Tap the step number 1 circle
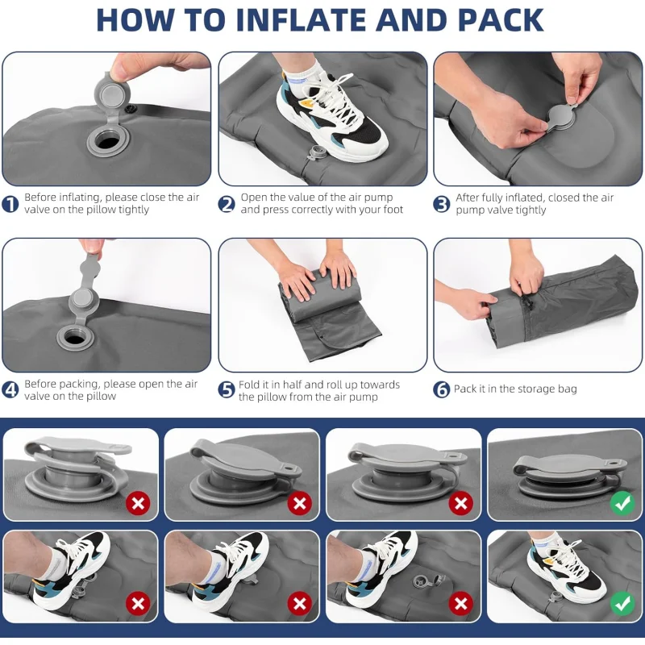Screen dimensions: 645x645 click(x=10, y=205)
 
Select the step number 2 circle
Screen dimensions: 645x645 click(x=227, y=204)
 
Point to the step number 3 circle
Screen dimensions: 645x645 click(x=442, y=205)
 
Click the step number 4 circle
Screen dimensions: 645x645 click(x=10, y=390)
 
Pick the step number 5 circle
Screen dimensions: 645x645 click(x=227, y=390)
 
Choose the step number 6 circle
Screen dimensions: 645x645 click(x=442, y=389)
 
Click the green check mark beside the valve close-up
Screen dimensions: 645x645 click(x=622, y=502)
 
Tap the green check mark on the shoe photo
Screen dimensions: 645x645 click(x=622, y=603)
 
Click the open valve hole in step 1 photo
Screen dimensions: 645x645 click(x=108, y=143)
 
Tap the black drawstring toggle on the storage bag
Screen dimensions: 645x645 click(x=529, y=305)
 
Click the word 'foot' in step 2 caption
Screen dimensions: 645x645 click(x=392, y=210)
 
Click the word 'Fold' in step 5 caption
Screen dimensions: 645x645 click(x=249, y=385)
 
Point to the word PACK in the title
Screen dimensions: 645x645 click(x=501, y=19)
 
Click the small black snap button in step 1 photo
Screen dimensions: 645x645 click(x=132, y=109)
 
